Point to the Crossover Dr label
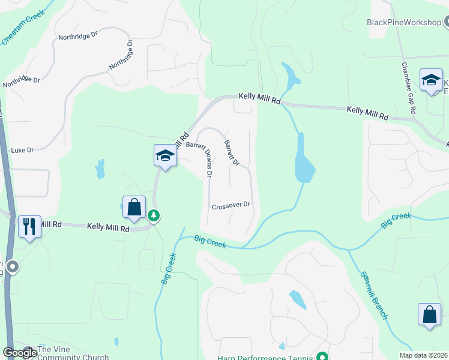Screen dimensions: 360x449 (231, 205)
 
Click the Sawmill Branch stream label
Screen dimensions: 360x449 (373, 295)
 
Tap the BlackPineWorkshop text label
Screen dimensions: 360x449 (404, 22)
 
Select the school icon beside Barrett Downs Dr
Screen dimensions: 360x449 (164, 156)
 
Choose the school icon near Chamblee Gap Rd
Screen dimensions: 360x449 (431, 80)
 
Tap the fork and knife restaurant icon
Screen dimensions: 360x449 (29, 227)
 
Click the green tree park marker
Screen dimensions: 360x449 (154, 215)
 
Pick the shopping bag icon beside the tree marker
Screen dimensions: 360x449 (134, 207)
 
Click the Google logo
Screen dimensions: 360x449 (19, 353)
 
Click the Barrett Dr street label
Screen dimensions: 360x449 (231, 153)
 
